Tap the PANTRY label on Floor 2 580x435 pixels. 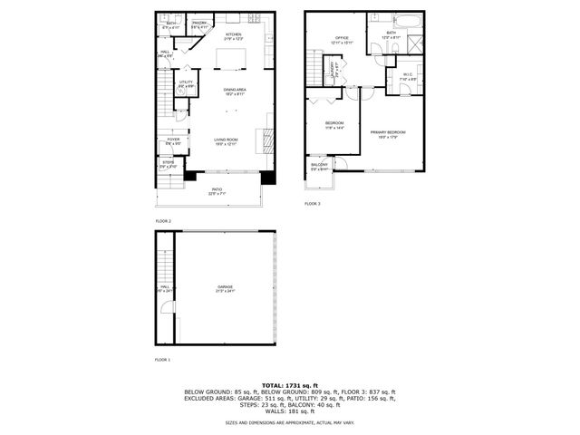tap(199, 24)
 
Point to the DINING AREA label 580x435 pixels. tap(237, 91)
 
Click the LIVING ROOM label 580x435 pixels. tap(226, 140)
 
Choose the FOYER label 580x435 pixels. tap(172, 140)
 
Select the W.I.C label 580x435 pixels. tap(407, 75)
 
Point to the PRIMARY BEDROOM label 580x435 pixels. tap(388, 133)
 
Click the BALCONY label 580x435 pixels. tap(319, 165)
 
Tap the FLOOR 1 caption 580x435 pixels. tap(162, 360)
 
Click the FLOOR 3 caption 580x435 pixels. tap(312, 204)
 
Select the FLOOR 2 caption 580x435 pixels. tap(162, 220)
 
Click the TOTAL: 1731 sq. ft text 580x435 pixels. tap(290, 386)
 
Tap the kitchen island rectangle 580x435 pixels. tap(231, 59)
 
